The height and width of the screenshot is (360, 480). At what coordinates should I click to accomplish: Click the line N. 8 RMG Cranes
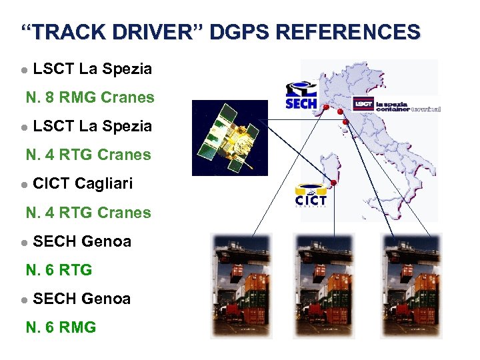90,98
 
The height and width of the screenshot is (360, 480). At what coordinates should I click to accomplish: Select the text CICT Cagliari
83,183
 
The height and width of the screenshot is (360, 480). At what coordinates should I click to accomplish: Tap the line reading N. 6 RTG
59,270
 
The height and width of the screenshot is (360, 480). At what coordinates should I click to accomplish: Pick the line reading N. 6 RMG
61,327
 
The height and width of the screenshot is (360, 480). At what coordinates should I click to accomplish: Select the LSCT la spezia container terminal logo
397,105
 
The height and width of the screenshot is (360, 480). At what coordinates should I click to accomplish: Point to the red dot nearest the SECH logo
325,107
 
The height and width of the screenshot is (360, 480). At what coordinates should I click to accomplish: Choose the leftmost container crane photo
239,285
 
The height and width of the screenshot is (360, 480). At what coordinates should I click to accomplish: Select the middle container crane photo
325,285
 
